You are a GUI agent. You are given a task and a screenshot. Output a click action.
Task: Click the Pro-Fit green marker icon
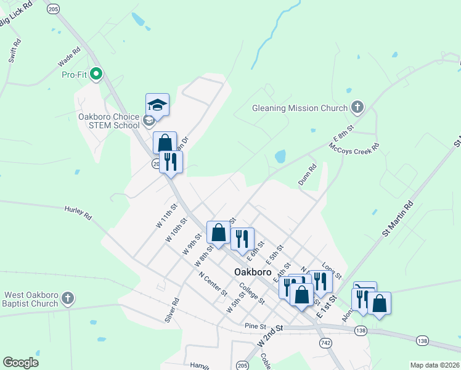pos(96,75)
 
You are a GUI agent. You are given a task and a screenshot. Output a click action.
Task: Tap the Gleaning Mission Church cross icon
pos(356,108)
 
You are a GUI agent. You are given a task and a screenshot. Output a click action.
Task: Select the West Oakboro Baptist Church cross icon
pos(68,299)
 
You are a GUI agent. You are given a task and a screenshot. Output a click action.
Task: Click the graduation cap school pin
pos(157,105)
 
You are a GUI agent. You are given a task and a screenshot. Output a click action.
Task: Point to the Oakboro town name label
pos(254,272)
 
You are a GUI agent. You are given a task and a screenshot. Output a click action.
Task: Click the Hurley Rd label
pos(78,213)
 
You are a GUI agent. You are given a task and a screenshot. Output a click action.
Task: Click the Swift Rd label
pos(15,51)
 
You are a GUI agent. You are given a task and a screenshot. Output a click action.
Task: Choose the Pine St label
pos(254,325)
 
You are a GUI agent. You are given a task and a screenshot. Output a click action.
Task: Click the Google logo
pos(21,363)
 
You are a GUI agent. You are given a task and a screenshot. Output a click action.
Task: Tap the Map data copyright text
pos(434,365)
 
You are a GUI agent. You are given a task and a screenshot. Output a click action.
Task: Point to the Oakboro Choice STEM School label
pos(108,120)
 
